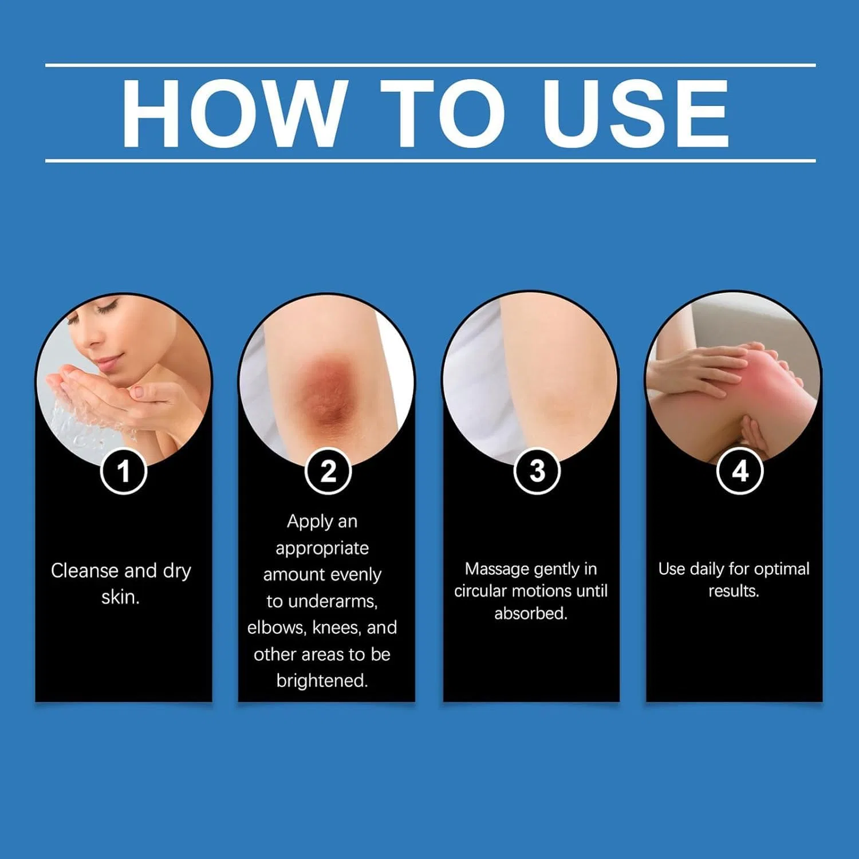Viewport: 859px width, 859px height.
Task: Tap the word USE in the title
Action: [636, 113]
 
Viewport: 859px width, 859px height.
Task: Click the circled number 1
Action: [124, 471]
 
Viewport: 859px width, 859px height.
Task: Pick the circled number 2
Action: [328, 471]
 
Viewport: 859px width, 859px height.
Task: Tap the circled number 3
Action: [537, 471]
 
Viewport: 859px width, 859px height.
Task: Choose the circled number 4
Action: [740, 471]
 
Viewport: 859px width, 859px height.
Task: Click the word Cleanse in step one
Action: [85, 570]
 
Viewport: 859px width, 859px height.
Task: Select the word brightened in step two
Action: [322, 680]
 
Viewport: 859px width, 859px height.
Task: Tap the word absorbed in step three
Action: [531, 613]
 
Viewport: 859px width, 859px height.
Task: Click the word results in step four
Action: [734, 591]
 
